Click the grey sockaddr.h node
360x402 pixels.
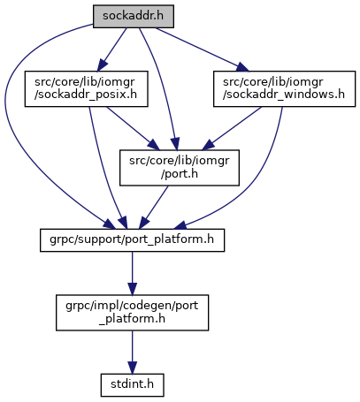pyautogui.click(x=134, y=17)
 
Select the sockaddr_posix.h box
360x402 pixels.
pyautogui.click(x=86, y=88)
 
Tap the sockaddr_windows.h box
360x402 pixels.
pyautogui.click(x=284, y=88)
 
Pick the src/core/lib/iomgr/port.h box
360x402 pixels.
pyautogui.click(x=180, y=168)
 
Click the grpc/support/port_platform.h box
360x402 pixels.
pyautogui.click(x=132, y=240)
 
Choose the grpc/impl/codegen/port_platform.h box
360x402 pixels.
pyautogui.click(x=132, y=313)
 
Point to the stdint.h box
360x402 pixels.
pyautogui.click(x=132, y=385)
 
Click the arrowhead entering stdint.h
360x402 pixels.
pyautogui.click(x=132, y=368)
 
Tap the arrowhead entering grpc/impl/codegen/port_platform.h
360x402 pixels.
pyautogui.click(x=132, y=289)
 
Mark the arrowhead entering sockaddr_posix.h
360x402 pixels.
pyautogui.click(x=102, y=65)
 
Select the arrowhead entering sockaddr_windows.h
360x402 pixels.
pyautogui.click(x=243, y=67)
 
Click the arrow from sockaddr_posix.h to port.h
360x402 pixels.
pyautogui.click(x=132, y=128)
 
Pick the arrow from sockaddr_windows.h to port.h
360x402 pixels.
pyautogui.click(x=232, y=128)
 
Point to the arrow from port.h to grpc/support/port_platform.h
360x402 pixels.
pyautogui.click(x=154, y=208)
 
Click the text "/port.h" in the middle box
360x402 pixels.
pyautogui.click(x=180, y=174)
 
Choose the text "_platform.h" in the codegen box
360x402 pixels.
pyautogui.click(x=132, y=319)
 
